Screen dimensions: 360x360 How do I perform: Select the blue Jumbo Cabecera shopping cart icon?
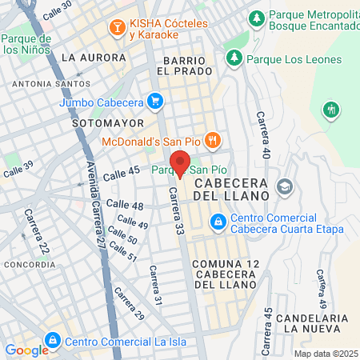coord(156,102)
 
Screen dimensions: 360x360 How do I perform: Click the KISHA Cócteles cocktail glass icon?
coord(117,28)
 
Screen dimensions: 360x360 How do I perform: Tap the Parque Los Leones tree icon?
coord(234,58)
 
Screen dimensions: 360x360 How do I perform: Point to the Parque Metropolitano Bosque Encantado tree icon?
coord(256,17)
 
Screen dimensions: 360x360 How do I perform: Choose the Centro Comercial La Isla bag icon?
coord(53,342)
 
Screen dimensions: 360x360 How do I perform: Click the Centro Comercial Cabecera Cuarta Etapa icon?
coord(218,218)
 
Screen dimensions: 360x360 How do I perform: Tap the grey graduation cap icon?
coord(284,187)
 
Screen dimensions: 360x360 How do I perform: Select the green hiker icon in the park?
coord(330,109)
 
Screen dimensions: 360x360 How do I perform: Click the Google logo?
coord(26,350)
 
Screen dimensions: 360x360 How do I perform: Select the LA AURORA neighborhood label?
coord(94,58)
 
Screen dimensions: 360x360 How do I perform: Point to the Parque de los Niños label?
coord(26,44)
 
